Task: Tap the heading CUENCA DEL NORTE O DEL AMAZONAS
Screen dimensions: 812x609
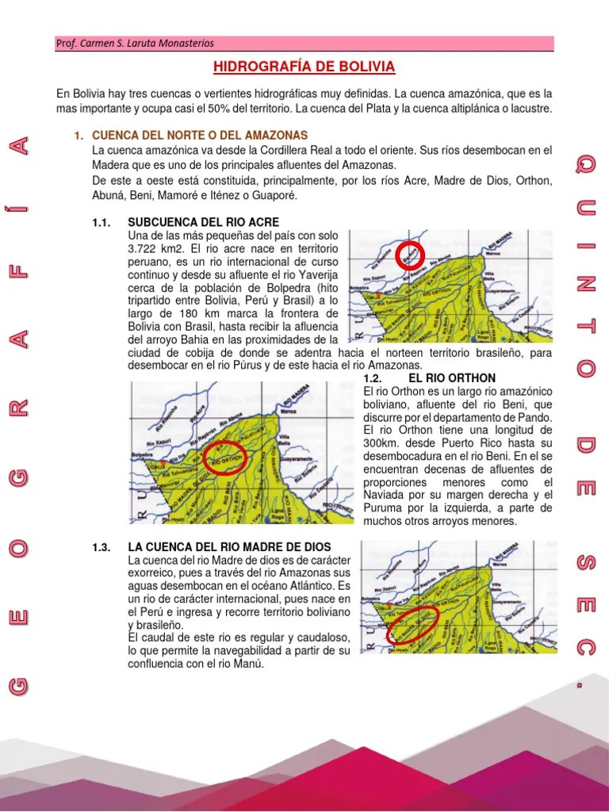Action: pos(200,136)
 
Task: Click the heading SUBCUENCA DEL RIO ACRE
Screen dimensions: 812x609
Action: pos(203,222)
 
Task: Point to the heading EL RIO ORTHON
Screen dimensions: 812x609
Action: pos(452,378)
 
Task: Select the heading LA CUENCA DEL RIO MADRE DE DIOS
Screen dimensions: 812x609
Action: pos(229,548)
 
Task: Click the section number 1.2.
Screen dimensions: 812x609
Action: pos(373,378)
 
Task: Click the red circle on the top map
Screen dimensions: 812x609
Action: pos(410,255)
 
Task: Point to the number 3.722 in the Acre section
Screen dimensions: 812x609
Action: pos(144,248)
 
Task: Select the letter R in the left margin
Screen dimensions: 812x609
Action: pos(23,408)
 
